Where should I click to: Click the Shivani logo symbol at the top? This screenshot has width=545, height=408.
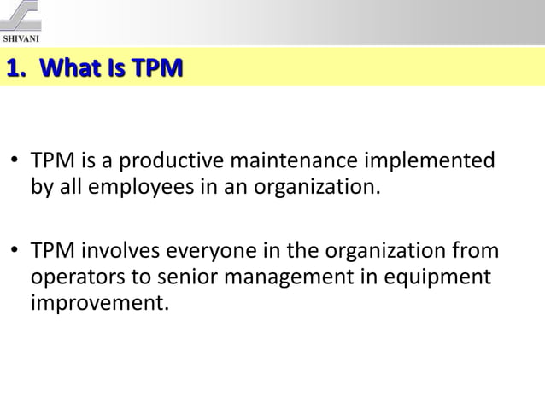23,16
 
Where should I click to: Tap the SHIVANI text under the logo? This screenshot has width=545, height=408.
23,38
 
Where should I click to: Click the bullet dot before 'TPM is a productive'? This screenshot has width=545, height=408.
16,160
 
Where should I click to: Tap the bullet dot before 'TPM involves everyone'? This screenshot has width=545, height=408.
16,254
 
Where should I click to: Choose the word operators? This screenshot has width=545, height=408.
70,278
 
